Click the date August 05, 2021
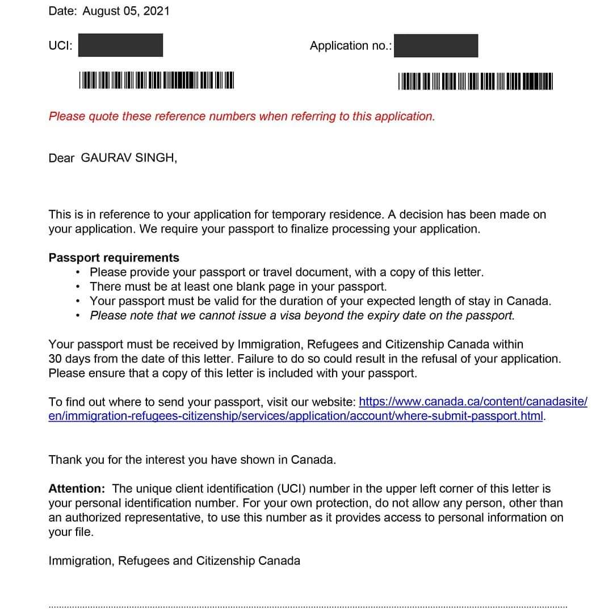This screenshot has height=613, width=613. (126, 11)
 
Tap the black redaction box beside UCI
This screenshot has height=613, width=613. (120, 45)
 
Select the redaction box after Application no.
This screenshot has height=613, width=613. (436, 46)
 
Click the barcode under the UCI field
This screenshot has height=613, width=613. (157, 80)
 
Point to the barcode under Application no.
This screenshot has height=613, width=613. (476, 81)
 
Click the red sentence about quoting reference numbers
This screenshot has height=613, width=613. (242, 116)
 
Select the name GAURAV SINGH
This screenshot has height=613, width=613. (129, 157)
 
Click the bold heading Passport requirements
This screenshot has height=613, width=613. (114, 258)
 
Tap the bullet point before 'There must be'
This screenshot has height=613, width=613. (78, 287)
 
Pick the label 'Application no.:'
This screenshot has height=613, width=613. (351, 46)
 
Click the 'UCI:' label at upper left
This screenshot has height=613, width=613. (61, 46)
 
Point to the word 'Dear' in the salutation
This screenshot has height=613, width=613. (61, 158)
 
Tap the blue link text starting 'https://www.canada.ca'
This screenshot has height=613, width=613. (473, 402)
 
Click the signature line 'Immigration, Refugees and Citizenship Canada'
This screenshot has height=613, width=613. (174, 561)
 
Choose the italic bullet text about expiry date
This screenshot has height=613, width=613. (302, 316)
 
